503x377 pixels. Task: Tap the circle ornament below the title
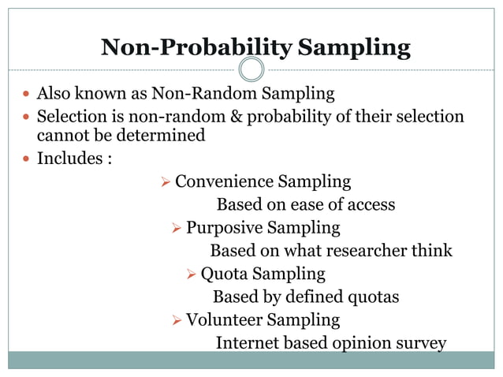[251, 69]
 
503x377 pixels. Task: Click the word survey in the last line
[421, 343]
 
